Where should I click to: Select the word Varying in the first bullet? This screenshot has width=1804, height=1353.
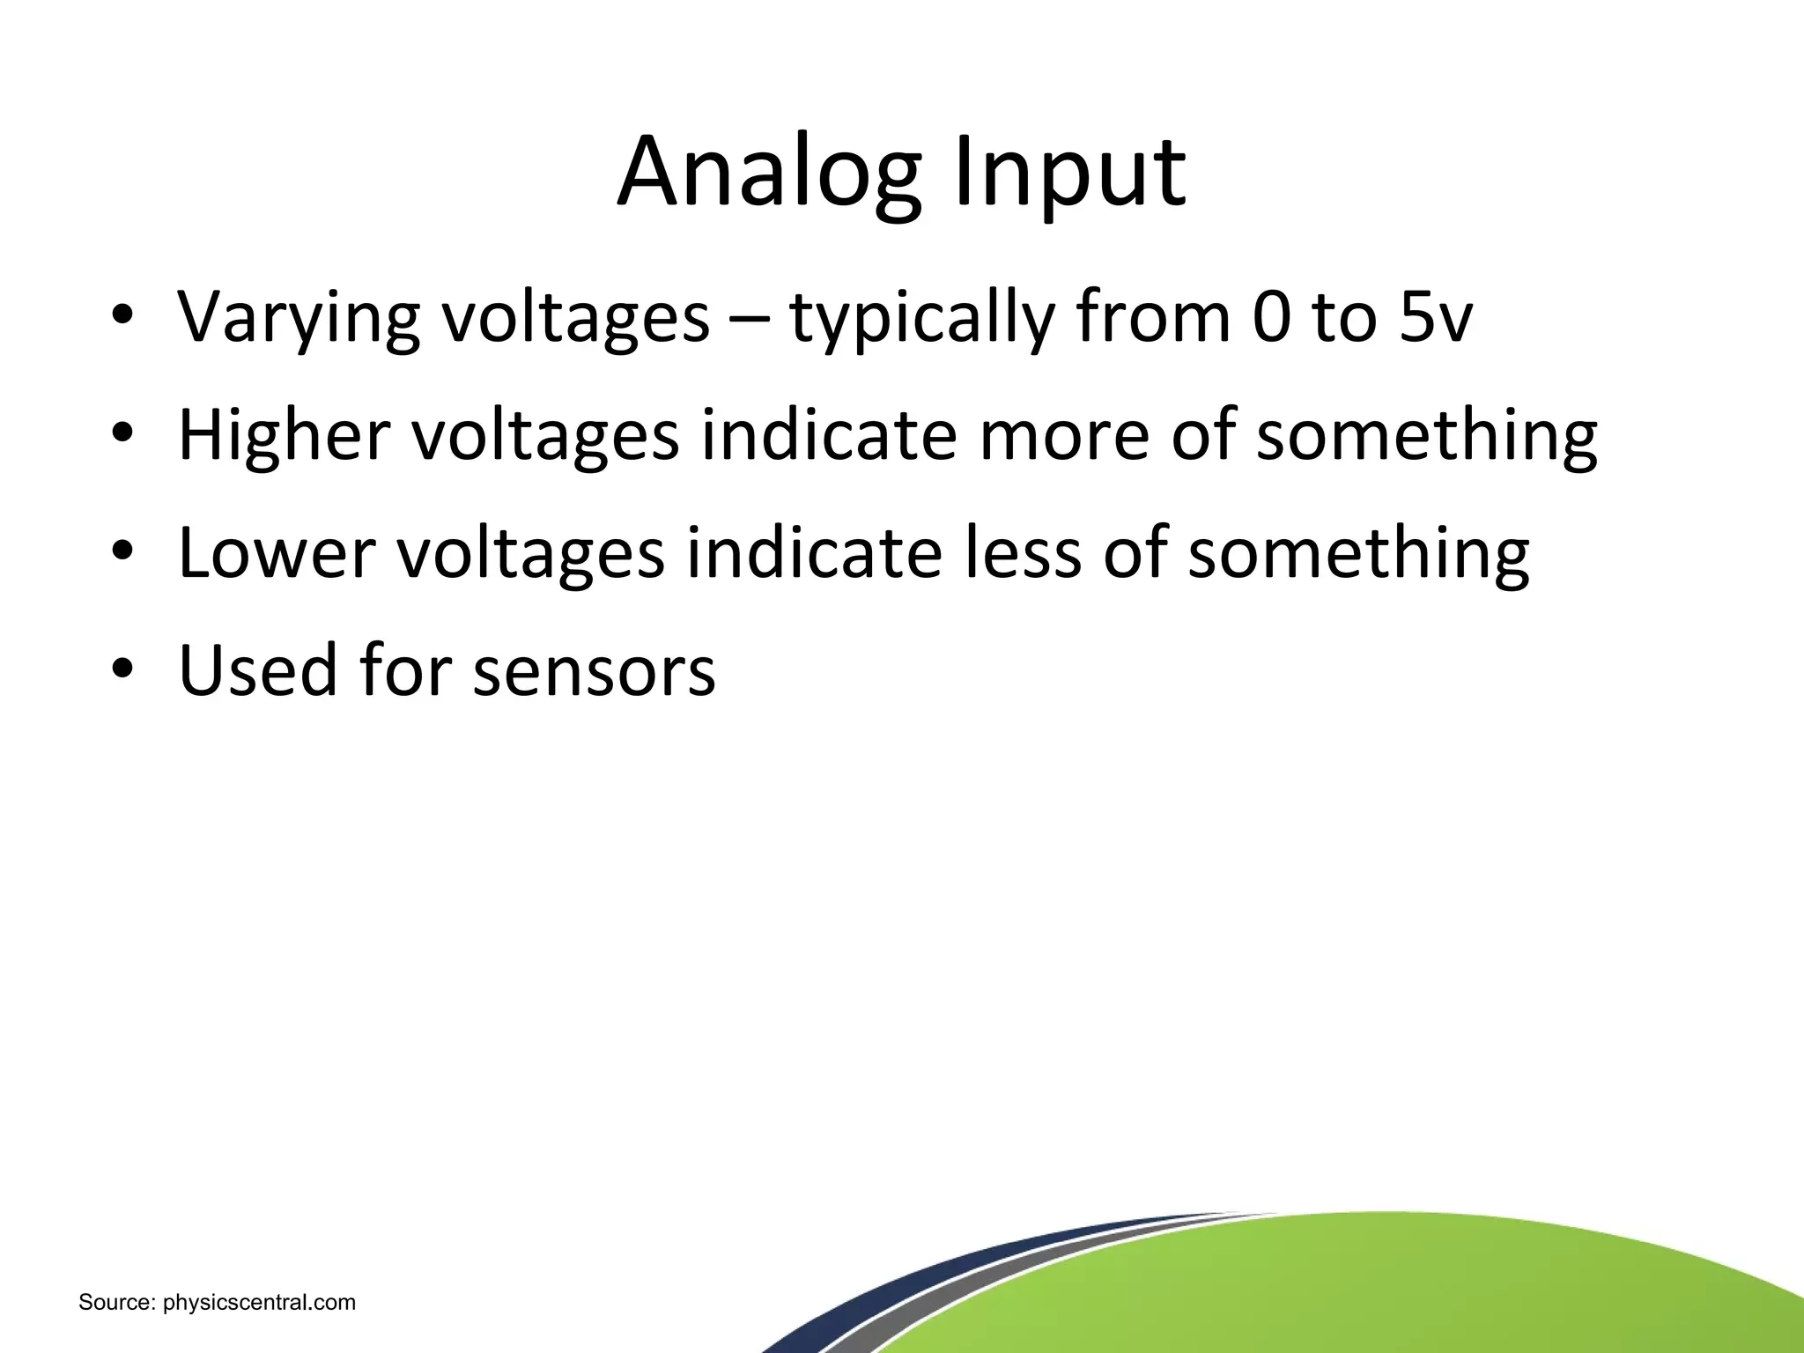tap(298, 317)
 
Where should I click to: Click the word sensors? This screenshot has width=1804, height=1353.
tap(595, 670)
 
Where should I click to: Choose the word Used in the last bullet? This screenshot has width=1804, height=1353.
tap(258, 670)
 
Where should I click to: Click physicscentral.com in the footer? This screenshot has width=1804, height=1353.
tap(260, 1302)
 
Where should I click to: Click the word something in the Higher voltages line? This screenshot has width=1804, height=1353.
tap(1426, 434)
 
